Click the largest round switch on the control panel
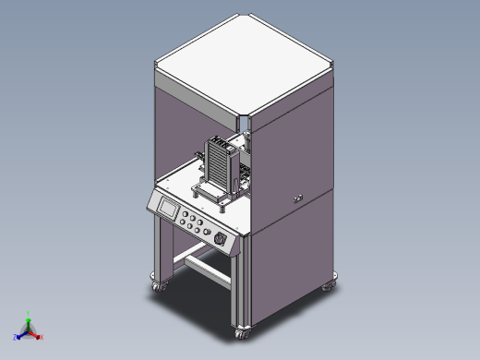tap(220, 239)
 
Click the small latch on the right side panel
tap(296, 198)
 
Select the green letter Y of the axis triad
tap(29, 314)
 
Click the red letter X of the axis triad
tap(41, 336)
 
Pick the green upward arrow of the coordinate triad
tap(29, 322)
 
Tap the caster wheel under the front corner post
tap(243, 332)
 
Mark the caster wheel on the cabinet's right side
tap(329, 286)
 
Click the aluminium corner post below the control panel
tap(242, 286)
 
